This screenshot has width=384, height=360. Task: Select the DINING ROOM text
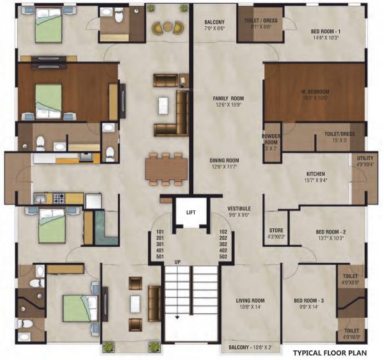225,160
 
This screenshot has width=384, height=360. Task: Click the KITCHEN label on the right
316,174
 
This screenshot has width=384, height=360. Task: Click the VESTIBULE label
239,209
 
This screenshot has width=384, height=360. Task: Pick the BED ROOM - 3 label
310,301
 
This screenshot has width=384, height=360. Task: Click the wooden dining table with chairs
166,168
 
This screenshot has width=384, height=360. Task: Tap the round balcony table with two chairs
168,27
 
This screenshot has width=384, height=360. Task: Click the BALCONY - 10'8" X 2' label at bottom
253,348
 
